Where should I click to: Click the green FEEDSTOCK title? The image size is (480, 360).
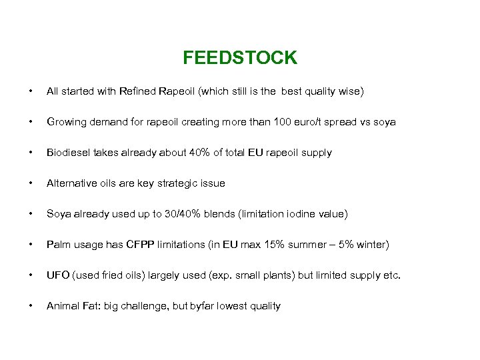tap(240, 58)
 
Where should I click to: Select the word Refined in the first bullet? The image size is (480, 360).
tap(137, 91)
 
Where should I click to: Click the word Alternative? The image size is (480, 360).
tap(71, 183)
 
